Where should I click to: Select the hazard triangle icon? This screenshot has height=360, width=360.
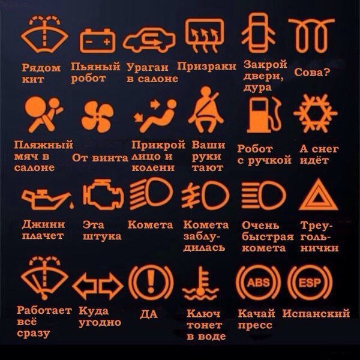tap(318, 196)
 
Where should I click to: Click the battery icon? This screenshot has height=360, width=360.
tap(97, 40)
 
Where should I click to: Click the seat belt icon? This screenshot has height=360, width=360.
tap(206, 112)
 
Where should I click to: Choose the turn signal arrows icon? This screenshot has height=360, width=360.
tap(98, 286)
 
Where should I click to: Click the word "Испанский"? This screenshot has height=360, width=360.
tap(316, 313)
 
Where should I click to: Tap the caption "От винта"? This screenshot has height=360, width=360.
tap(100, 158)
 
